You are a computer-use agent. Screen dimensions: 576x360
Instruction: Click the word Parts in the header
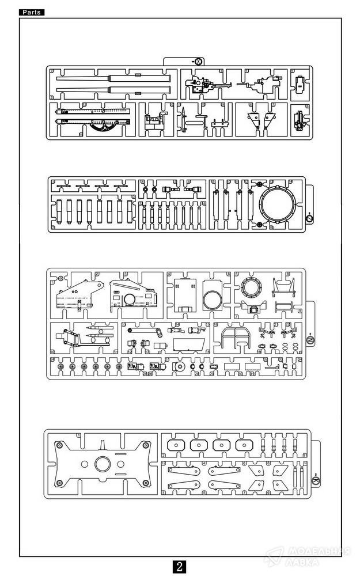[x=32, y=12]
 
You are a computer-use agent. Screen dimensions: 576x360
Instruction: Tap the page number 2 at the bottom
[x=180, y=566]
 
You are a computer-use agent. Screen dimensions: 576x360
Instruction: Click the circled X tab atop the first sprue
[x=199, y=61]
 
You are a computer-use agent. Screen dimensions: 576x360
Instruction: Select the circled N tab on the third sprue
[x=308, y=342]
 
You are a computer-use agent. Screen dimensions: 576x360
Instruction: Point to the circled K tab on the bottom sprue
[x=315, y=480]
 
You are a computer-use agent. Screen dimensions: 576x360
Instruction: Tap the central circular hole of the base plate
[x=103, y=464]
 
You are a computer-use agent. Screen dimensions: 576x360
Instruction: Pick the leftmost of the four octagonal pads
[x=175, y=446]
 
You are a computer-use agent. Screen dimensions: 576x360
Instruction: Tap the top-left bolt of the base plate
[x=59, y=444]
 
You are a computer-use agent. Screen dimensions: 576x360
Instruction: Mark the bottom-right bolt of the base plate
[x=147, y=483]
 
